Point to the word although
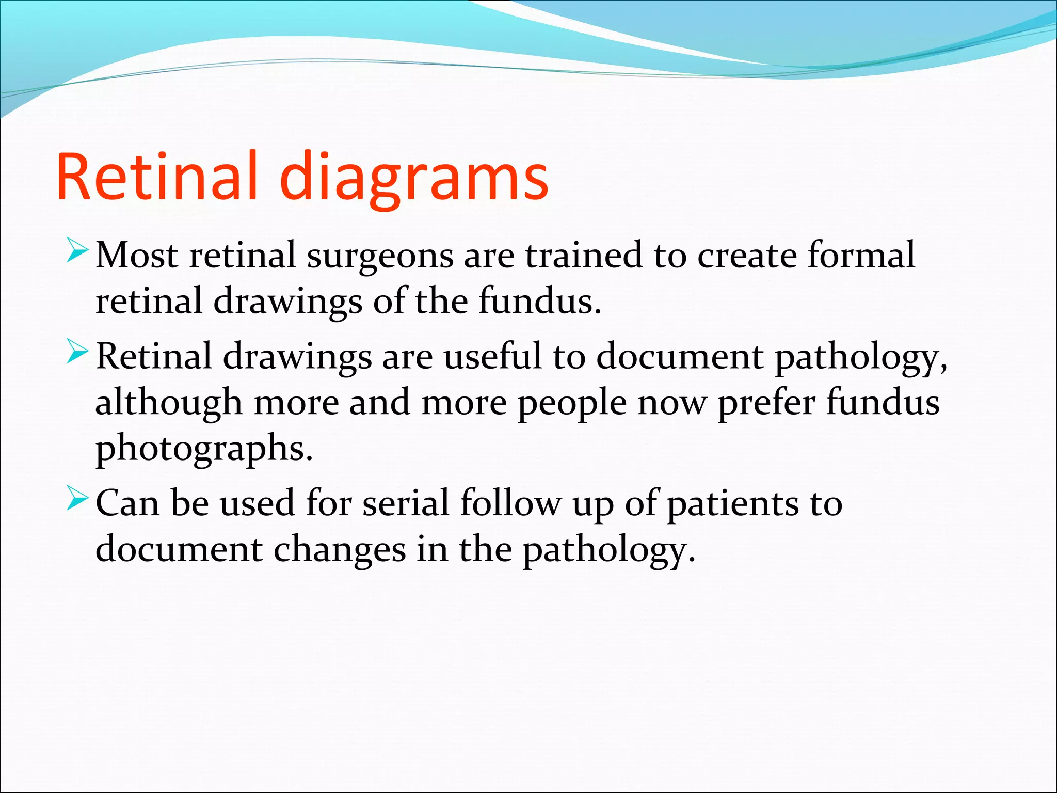pyautogui.click(x=168, y=403)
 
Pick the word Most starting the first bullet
pyautogui.click(x=137, y=255)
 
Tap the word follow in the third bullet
pyautogui.click(x=510, y=503)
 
